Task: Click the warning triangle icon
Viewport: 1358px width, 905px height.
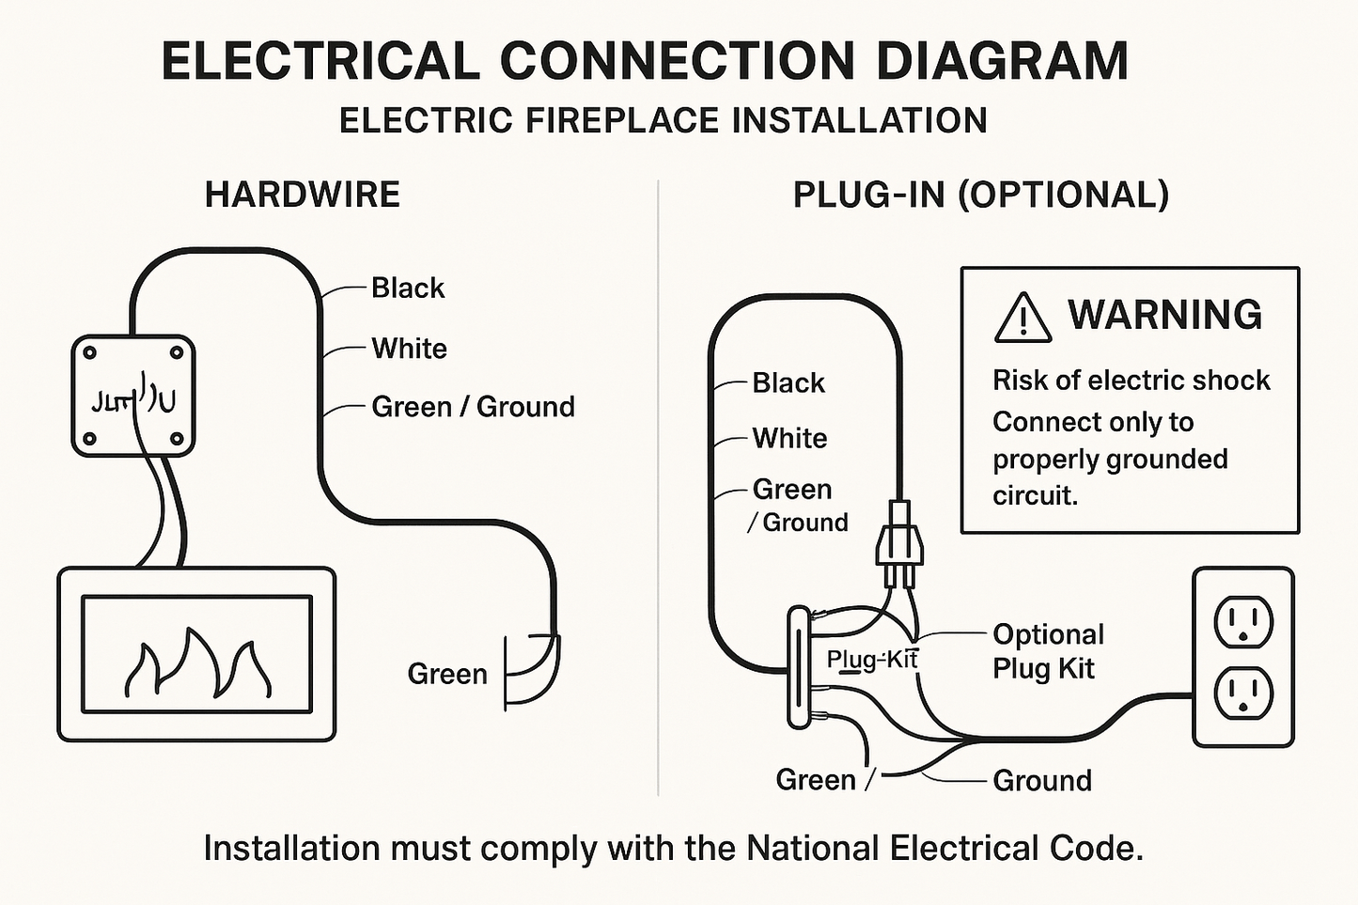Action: click(1022, 318)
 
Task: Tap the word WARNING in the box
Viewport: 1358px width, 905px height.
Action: click(1164, 315)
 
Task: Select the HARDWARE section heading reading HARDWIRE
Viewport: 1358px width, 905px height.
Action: click(303, 195)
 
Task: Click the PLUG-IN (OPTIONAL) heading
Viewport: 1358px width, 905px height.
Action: click(980, 195)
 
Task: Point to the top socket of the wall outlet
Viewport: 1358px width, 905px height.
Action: click(1242, 622)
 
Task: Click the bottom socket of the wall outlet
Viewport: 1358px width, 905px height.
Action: click(1242, 694)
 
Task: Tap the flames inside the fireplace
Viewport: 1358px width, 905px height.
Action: click(197, 663)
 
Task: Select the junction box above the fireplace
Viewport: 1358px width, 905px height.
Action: click(133, 397)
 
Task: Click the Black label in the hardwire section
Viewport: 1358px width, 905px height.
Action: click(407, 288)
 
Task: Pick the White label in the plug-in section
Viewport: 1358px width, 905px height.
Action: click(789, 438)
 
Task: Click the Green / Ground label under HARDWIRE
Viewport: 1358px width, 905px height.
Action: click(473, 407)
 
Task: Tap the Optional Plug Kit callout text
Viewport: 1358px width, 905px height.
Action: click(1047, 651)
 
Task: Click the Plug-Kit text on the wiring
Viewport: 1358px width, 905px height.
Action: click(871, 660)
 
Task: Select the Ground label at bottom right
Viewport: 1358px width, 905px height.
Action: click(1041, 780)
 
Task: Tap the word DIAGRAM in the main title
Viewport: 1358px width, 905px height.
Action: click(1002, 61)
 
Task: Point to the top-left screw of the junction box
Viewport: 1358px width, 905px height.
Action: click(90, 353)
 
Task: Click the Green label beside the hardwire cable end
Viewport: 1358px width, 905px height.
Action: click(446, 674)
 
